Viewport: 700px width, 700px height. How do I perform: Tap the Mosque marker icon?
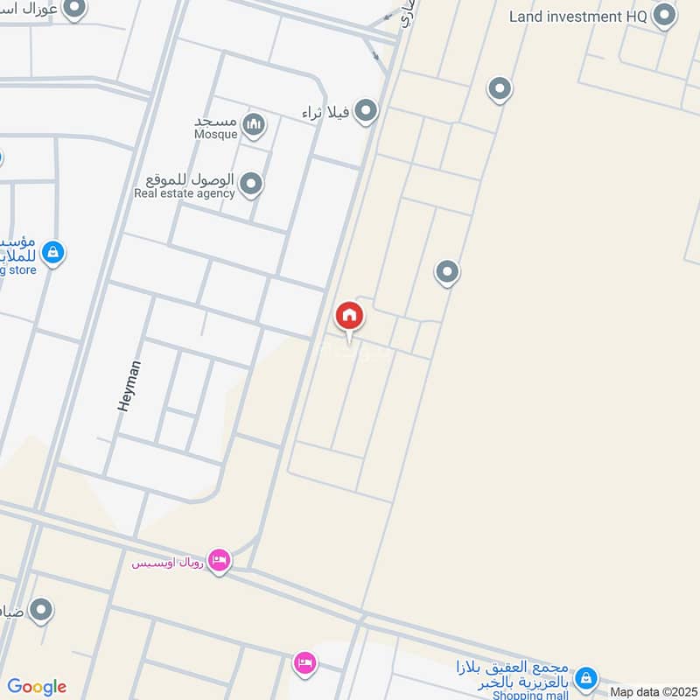click(254, 124)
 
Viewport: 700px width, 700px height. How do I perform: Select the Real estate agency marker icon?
click(251, 184)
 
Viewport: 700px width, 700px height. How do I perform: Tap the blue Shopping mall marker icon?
click(588, 677)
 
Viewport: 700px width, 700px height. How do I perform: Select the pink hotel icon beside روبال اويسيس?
click(220, 558)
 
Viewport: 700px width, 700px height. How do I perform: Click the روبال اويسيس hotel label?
click(168, 562)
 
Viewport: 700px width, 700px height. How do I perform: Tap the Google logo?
click(37, 687)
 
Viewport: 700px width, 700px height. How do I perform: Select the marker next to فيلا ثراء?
click(366, 110)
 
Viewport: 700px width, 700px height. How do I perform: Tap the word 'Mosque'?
click(215, 136)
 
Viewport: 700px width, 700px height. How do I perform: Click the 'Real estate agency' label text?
click(185, 193)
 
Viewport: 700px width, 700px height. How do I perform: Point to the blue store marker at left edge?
click(52, 253)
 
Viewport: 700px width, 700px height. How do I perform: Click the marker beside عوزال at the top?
click(75, 9)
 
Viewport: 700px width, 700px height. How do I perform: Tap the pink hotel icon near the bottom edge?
click(304, 661)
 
